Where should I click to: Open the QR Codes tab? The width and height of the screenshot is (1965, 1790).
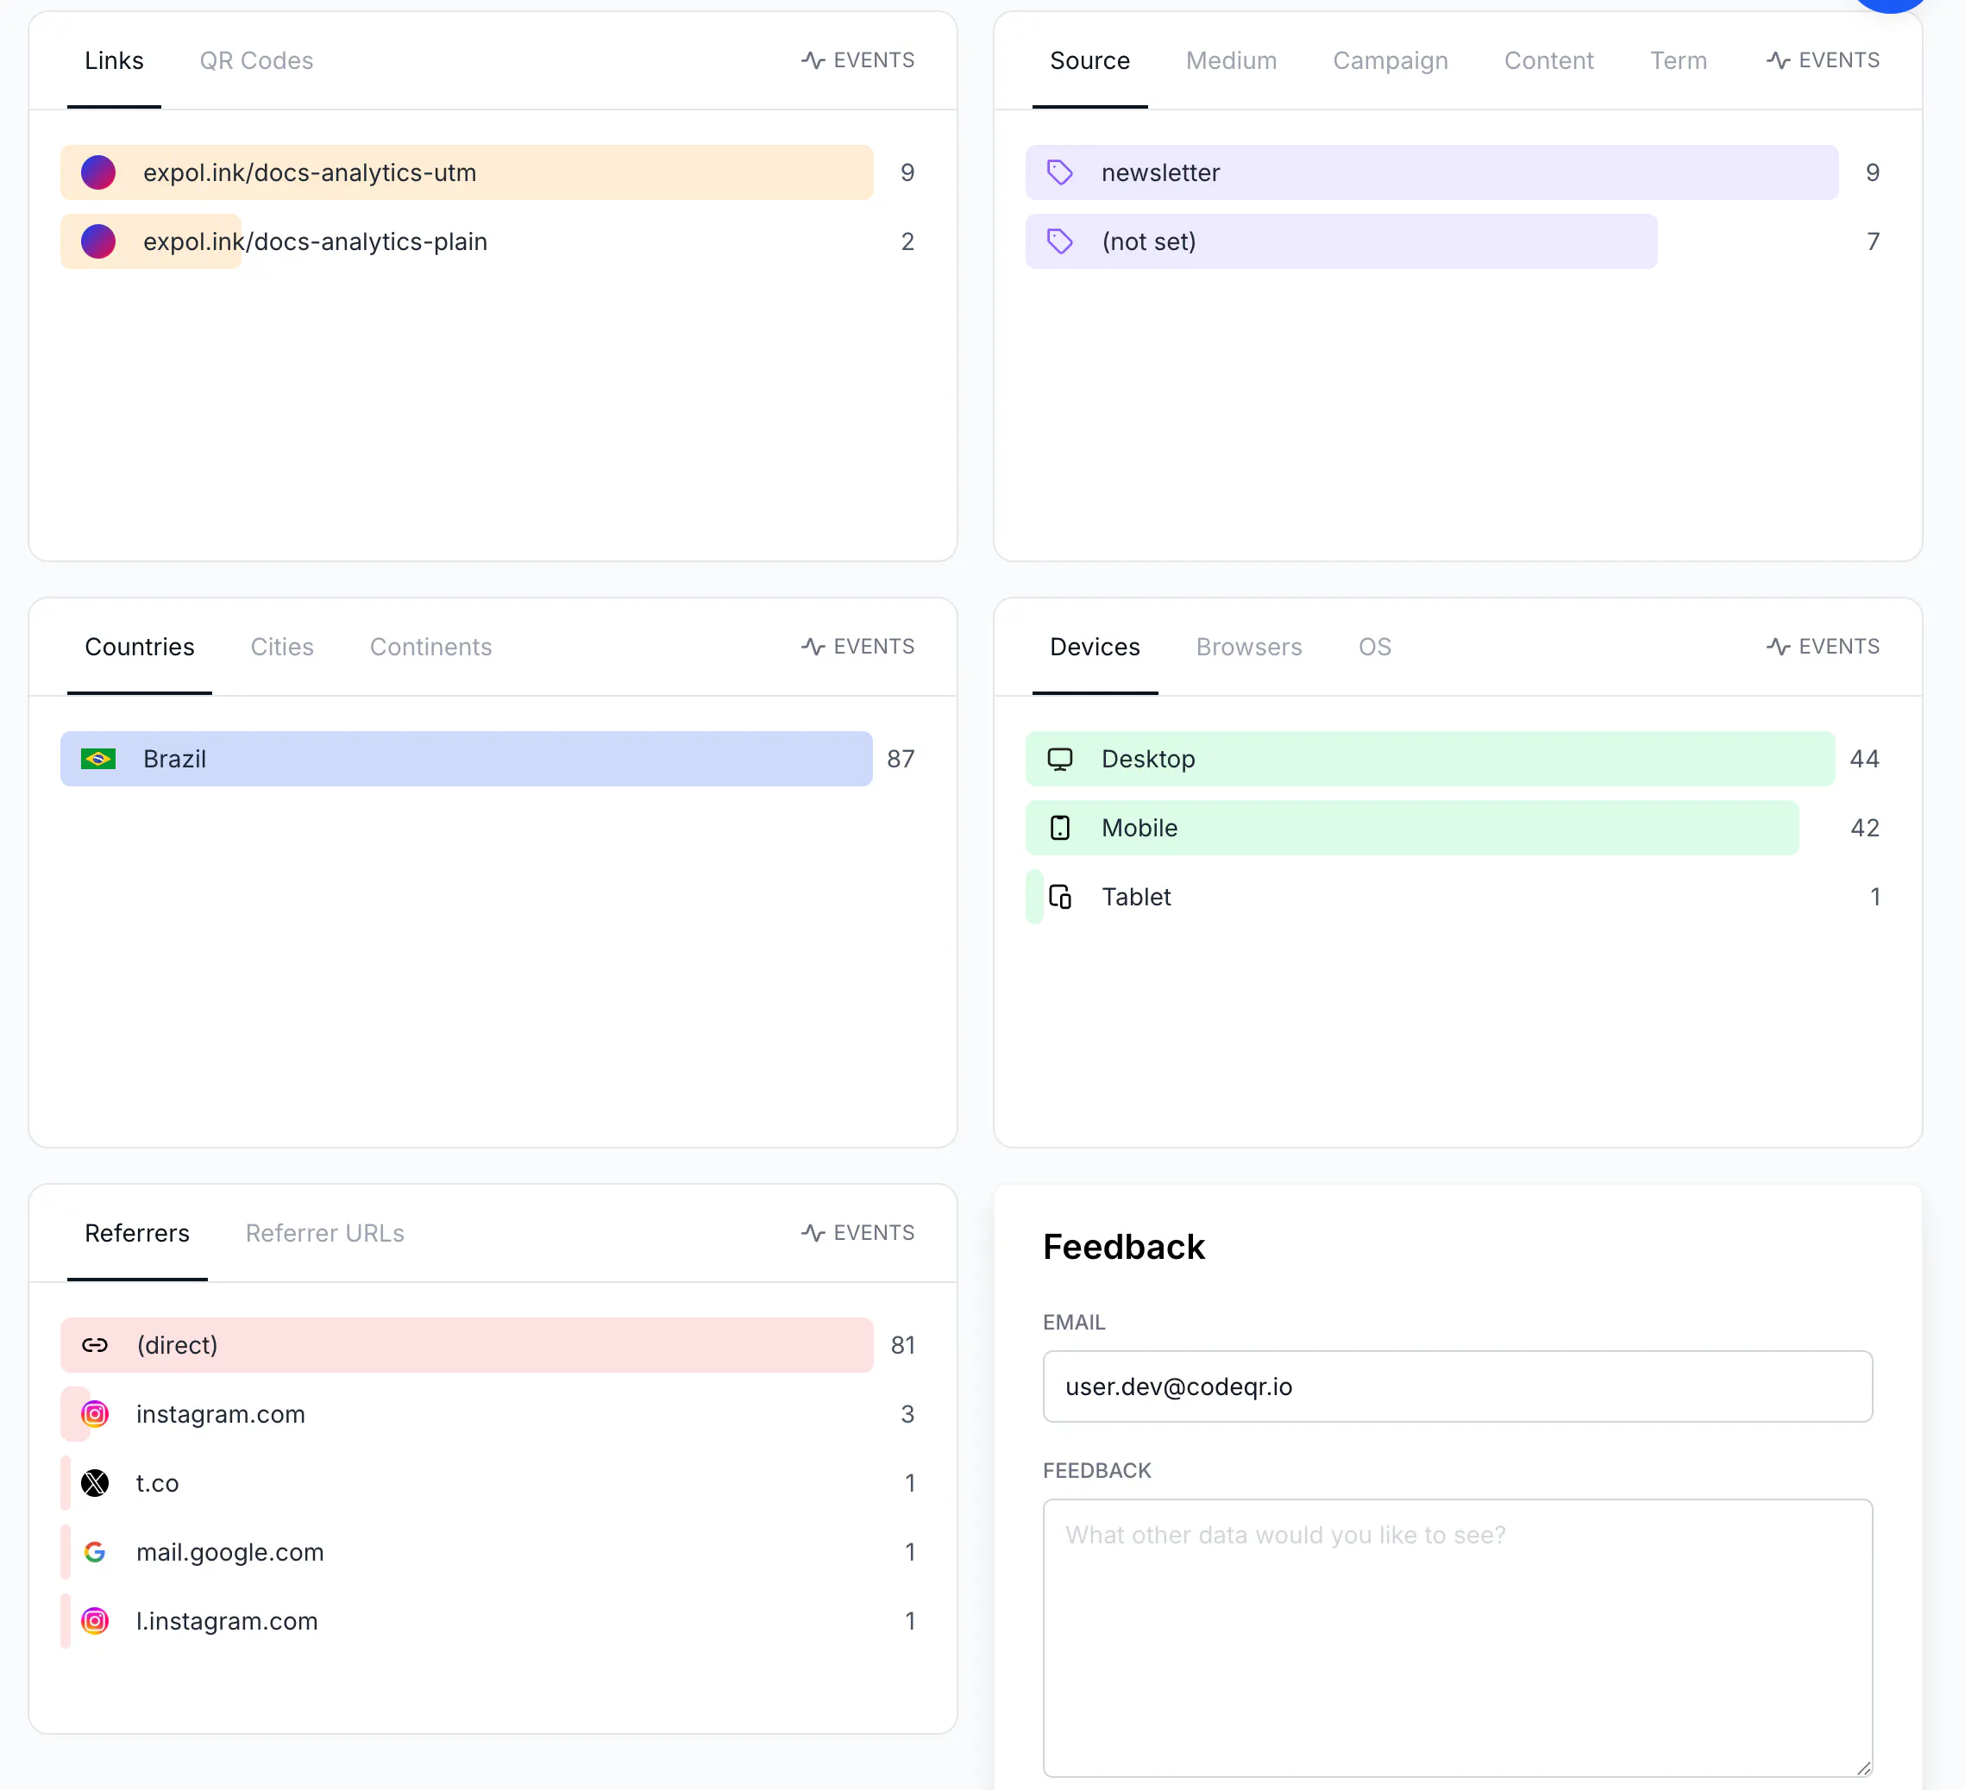[x=256, y=60]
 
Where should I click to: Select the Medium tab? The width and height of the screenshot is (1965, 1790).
[x=1231, y=60]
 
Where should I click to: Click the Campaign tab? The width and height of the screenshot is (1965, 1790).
[x=1390, y=60]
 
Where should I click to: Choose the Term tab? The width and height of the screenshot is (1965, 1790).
[x=1678, y=60]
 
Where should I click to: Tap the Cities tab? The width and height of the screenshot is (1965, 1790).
[x=282, y=647]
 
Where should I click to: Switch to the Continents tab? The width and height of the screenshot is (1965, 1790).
[x=430, y=647]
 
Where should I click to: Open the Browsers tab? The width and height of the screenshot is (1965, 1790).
[x=1248, y=647]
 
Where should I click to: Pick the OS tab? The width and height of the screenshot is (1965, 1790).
[x=1374, y=647]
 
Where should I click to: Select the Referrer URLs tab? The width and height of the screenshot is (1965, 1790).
[x=324, y=1233]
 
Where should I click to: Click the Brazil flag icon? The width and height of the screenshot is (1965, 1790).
[x=98, y=759]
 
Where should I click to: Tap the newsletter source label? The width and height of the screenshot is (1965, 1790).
[x=1160, y=172]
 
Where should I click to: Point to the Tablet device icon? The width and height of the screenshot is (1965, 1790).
[x=1059, y=897]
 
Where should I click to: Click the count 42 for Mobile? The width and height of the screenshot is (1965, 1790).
[x=1863, y=829]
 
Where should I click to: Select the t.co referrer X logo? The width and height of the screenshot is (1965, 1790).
[x=95, y=1483]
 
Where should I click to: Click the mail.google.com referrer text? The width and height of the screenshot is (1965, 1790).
[x=230, y=1552]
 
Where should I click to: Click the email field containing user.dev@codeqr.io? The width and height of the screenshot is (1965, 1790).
[x=1457, y=1386]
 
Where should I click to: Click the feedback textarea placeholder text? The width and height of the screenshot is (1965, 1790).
[x=1284, y=1535]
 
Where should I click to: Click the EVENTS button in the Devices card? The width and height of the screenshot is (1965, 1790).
[x=1823, y=647]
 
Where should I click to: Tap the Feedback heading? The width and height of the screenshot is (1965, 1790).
[x=1124, y=1248]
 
